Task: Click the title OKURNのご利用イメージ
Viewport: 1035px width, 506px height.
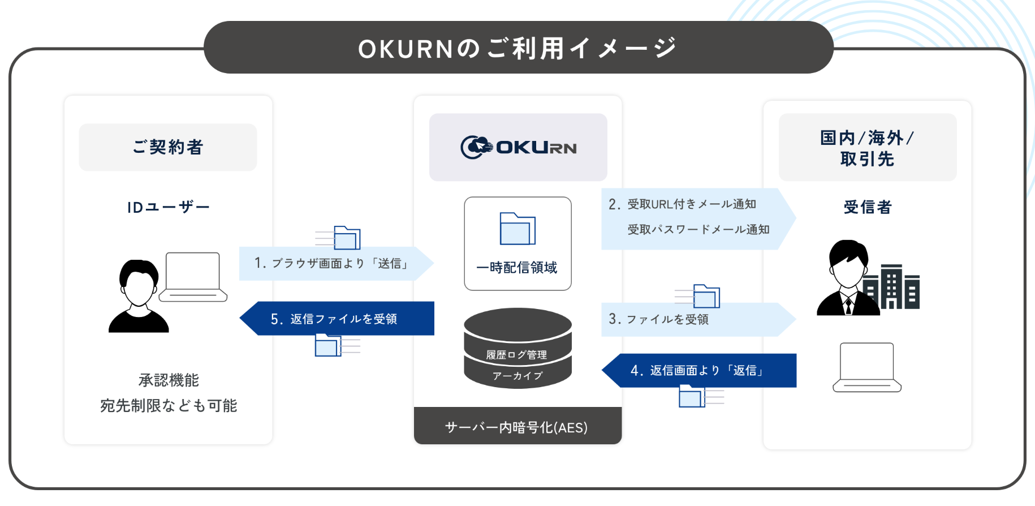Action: (517, 48)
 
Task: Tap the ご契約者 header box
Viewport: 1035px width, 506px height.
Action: (168, 147)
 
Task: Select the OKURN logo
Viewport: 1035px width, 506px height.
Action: (518, 147)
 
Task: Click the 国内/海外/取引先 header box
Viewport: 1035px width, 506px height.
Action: (867, 148)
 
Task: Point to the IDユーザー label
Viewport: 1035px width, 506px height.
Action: (168, 208)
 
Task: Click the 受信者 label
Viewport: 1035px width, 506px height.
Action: (867, 207)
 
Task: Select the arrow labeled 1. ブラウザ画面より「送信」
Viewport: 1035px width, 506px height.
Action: (334, 263)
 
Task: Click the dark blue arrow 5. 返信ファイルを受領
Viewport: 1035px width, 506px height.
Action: (337, 319)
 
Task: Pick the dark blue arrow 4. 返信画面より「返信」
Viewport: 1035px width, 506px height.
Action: (698, 370)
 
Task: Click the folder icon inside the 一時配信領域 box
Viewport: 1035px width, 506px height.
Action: (517, 229)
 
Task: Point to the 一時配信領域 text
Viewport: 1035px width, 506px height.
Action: (517, 267)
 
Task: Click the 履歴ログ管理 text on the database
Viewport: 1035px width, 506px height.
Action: (516, 355)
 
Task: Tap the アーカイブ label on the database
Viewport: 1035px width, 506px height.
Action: (517, 376)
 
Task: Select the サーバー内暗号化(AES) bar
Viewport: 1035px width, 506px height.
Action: (517, 427)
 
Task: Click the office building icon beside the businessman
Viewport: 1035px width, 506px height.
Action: (893, 288)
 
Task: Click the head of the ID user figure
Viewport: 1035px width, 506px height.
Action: (139, 283)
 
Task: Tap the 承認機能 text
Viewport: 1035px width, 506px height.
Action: (169, 380)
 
